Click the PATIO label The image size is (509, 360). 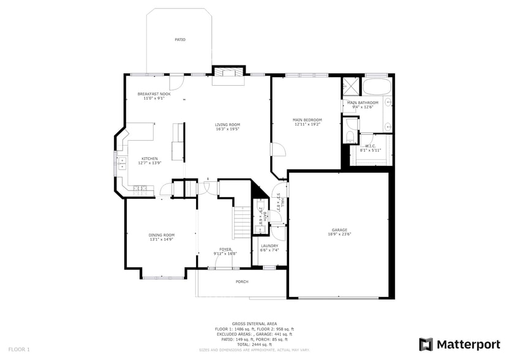179,40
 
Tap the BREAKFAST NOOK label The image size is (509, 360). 154,94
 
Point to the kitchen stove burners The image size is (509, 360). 140,188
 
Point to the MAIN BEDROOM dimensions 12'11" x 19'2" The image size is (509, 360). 307,124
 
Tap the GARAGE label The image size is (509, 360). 339,230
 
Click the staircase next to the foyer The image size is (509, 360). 242,223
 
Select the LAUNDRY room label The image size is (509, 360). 270,246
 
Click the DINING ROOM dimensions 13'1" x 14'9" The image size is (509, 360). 162,239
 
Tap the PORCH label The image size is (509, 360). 242,282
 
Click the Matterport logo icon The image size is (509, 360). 426,344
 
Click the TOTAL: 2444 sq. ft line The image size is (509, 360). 254,345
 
